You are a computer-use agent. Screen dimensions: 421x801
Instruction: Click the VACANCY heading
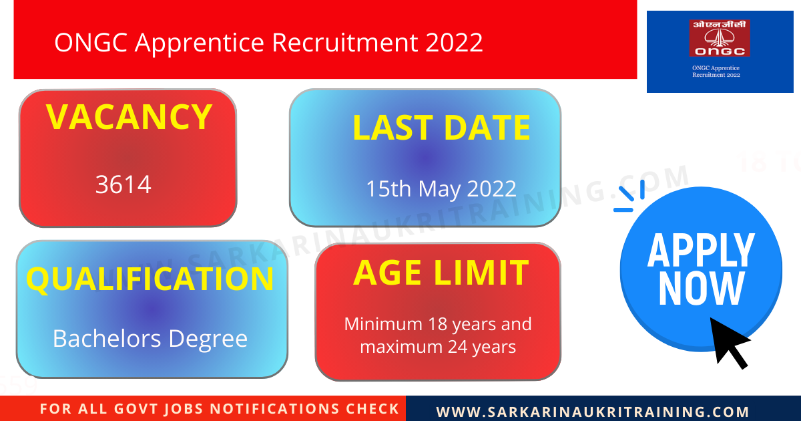coord(129,118)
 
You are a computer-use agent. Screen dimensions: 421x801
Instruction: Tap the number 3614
coord(123,184)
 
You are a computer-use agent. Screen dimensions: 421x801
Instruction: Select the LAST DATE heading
coord(441,128)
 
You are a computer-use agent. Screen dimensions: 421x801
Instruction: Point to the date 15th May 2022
coord(441,189)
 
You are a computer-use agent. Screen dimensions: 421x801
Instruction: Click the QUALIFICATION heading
coord(150,279)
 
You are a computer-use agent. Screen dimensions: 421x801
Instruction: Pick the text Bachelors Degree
coord(150,339)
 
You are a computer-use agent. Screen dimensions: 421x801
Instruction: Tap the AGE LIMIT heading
coord(441,273)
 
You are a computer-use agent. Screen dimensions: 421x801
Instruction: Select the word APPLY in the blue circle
coord(701,251)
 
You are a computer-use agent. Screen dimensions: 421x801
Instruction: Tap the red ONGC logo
coord(719,38)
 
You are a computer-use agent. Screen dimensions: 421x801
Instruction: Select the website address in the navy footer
coord(593,412)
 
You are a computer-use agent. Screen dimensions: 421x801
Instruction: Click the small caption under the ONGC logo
coord(716,72)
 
